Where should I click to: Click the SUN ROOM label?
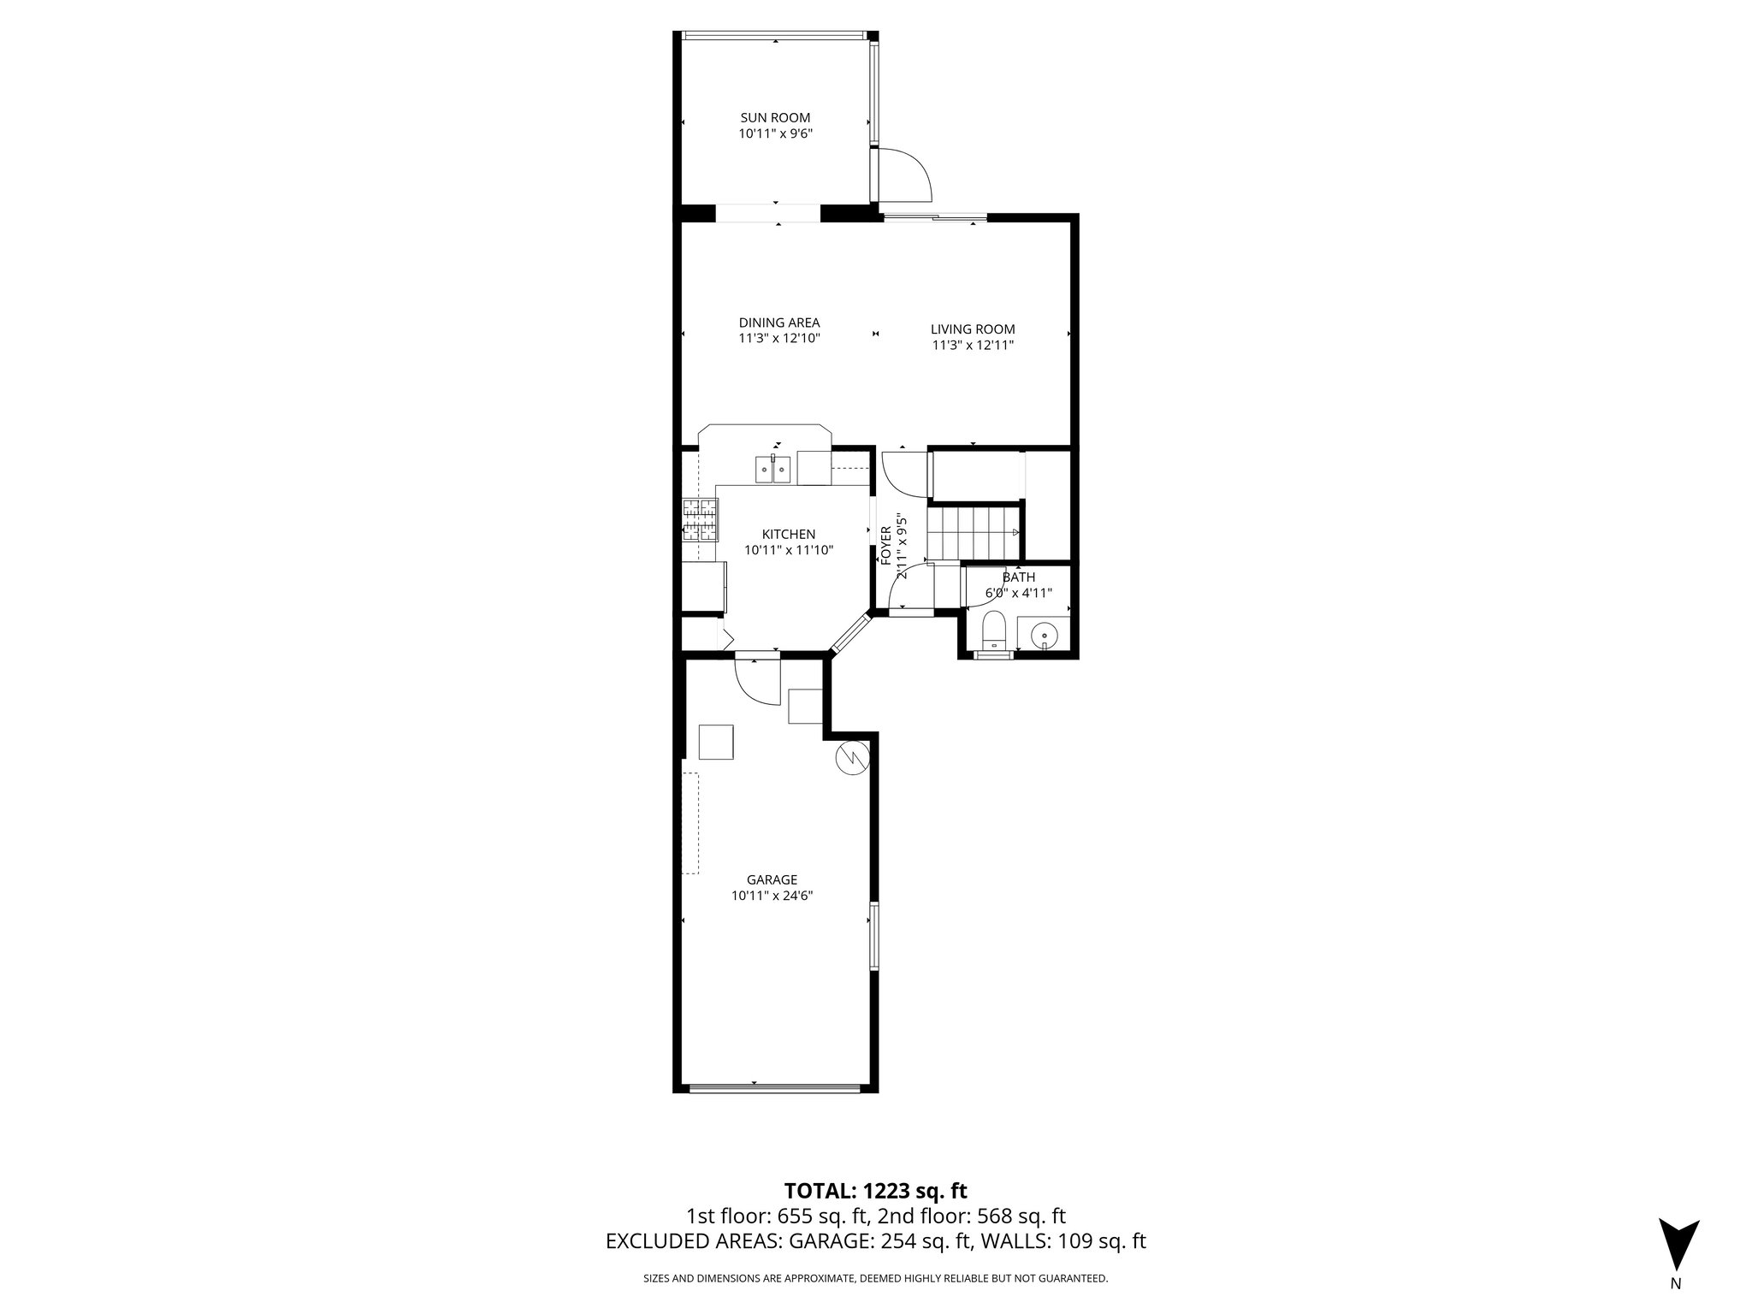[x=775, y=118]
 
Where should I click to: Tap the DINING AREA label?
[x=779, y=323]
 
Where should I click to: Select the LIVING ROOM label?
[x=973, y=329]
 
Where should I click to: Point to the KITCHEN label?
[x=789, y=535]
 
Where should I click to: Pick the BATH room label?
[x=1018, y=577]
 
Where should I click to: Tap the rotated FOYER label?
[x=886, y=545]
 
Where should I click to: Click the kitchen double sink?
[x=772, y=470]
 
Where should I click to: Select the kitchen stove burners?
[x=700, y=520]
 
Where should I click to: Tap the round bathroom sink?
[x=1045, y=636]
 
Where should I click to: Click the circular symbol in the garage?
[x=853, y=757]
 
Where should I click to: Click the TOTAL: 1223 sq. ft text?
[x=875, y=1191]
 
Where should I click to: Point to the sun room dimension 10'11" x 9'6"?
[x=775, y=134]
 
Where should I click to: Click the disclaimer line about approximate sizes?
[x=875, y=1279]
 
